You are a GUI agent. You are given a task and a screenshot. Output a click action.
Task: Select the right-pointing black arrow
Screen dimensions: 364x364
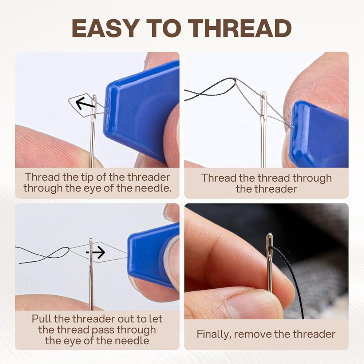pyautogui.click(x=95, y=252)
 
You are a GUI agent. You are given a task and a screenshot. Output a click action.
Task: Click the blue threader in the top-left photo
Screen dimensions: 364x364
pyautogui.click(x=142, y=112)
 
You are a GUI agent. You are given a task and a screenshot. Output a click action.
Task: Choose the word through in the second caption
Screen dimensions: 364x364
pyautogui.click(x=312, y=178)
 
